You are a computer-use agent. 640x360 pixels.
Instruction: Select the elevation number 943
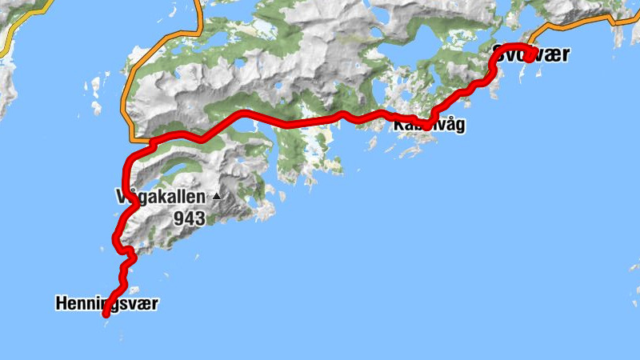[189, 217]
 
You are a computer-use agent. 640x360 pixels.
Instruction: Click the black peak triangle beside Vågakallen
[215, 195]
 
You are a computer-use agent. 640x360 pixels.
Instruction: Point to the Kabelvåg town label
[428, 126]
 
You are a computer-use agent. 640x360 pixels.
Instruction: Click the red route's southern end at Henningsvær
[106, 315]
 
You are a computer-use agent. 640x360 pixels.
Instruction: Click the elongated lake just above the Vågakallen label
[172, 170]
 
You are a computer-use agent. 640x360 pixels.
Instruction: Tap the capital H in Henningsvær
[61, 304]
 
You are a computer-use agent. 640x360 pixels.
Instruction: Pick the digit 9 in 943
[178, 217]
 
